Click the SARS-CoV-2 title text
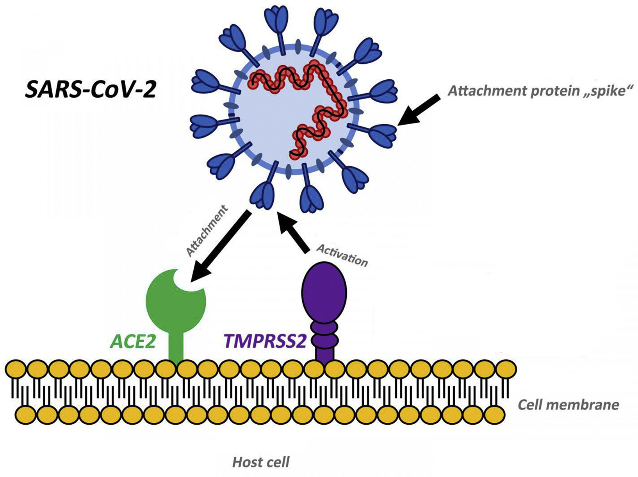(91, 89)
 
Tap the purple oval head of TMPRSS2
(324, 291)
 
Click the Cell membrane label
(568, 405)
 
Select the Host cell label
(261, 463)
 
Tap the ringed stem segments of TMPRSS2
(324, 332)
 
